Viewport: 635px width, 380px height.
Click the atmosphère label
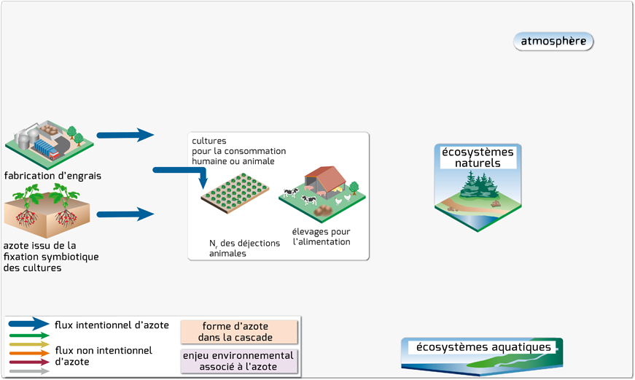coord(553,42)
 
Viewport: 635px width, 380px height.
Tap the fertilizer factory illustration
coord(50,144)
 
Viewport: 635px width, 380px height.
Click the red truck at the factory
coord(53,154)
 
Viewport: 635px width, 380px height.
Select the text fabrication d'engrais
coord(52,176)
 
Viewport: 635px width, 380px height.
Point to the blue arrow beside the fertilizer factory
coord(125,135)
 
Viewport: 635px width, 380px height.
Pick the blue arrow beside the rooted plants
coord(125,214)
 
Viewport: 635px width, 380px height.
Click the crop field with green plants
coord(235,193)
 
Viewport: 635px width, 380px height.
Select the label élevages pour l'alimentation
coord(322,236)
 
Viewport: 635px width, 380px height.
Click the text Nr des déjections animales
coord(245,248)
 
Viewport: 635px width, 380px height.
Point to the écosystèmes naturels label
coord(478,158)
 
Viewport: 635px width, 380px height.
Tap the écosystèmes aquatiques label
coord(483,347)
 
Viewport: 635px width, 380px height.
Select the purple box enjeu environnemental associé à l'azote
coord(239,361)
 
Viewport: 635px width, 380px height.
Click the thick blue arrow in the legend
coord(28,324)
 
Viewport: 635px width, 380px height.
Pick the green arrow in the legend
coord(28,336)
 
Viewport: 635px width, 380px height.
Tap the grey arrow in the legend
coord(28,371)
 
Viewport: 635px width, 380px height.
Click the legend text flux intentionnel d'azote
coord(112,325)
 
